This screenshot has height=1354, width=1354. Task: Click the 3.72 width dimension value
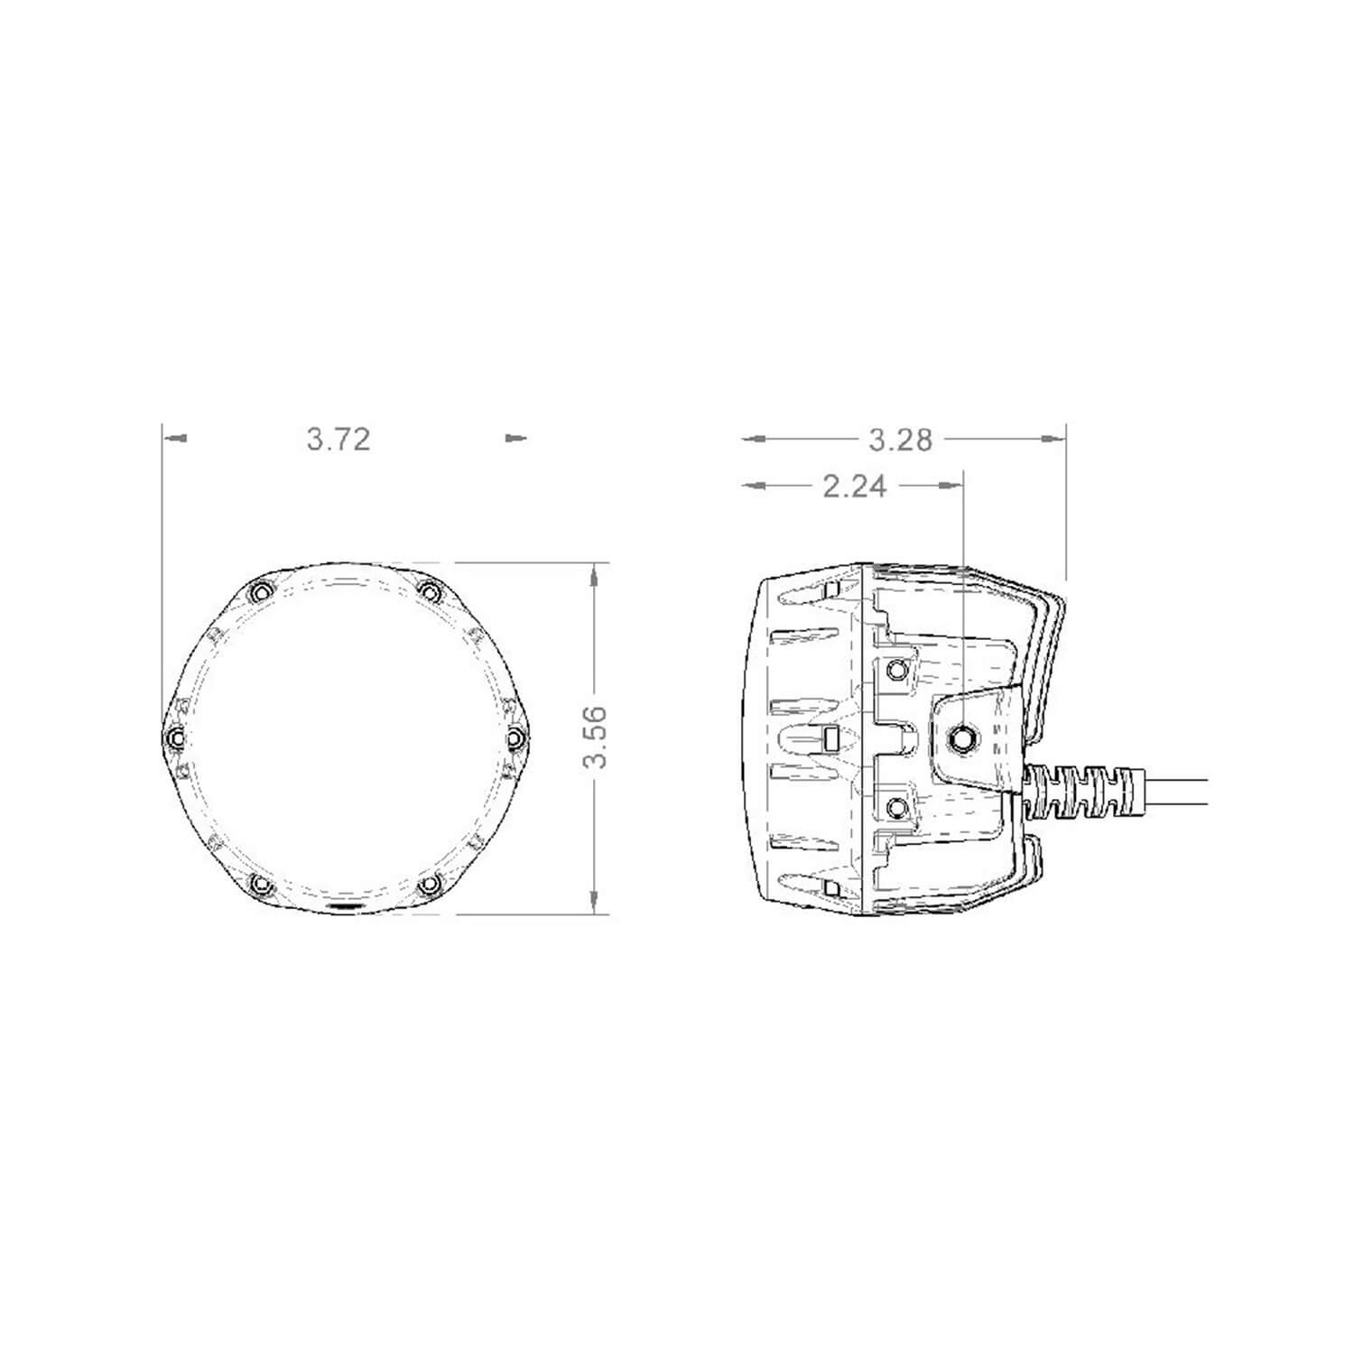[338, 440]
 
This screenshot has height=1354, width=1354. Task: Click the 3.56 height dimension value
[595, 737]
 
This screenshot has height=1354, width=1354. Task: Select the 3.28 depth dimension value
[900, 440]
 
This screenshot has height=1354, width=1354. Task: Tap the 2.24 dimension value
[855, 487]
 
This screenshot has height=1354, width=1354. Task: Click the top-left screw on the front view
[260, 592]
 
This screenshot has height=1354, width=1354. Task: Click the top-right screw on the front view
[431, 592]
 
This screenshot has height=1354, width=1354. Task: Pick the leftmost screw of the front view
[175, 738]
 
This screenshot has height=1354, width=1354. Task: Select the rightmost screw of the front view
[515, 738]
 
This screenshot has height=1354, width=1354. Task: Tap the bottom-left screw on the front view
[260, 884]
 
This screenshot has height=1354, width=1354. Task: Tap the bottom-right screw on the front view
[431, 884]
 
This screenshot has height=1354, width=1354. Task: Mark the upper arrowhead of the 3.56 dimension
[593, 574]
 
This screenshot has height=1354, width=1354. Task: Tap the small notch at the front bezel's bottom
[347, 906]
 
